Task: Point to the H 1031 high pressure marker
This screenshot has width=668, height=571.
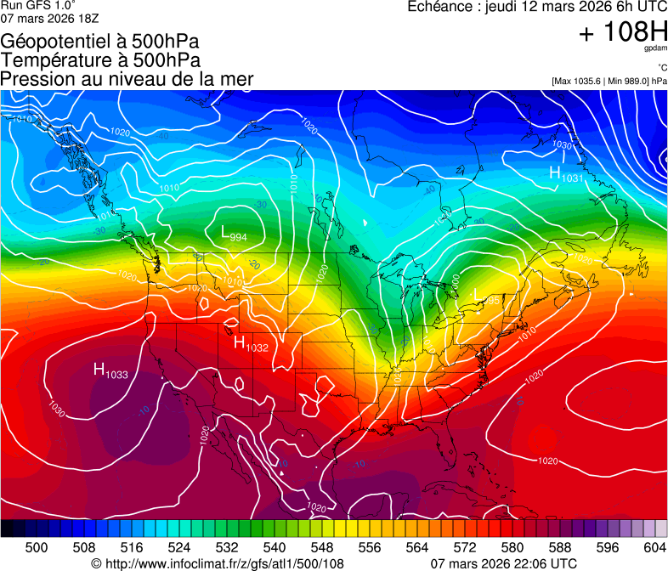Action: point(565,174)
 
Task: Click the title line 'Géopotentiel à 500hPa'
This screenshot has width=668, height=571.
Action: point(100,42)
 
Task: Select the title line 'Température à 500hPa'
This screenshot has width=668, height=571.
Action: point(100,60)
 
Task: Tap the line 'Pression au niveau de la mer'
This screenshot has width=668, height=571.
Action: point(127,79)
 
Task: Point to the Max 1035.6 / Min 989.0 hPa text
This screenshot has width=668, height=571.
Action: point(609,81)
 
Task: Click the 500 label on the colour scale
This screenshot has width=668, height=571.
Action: point(37,546)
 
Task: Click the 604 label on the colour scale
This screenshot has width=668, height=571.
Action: point(655,546)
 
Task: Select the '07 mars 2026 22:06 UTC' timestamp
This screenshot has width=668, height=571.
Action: point(504,563)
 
